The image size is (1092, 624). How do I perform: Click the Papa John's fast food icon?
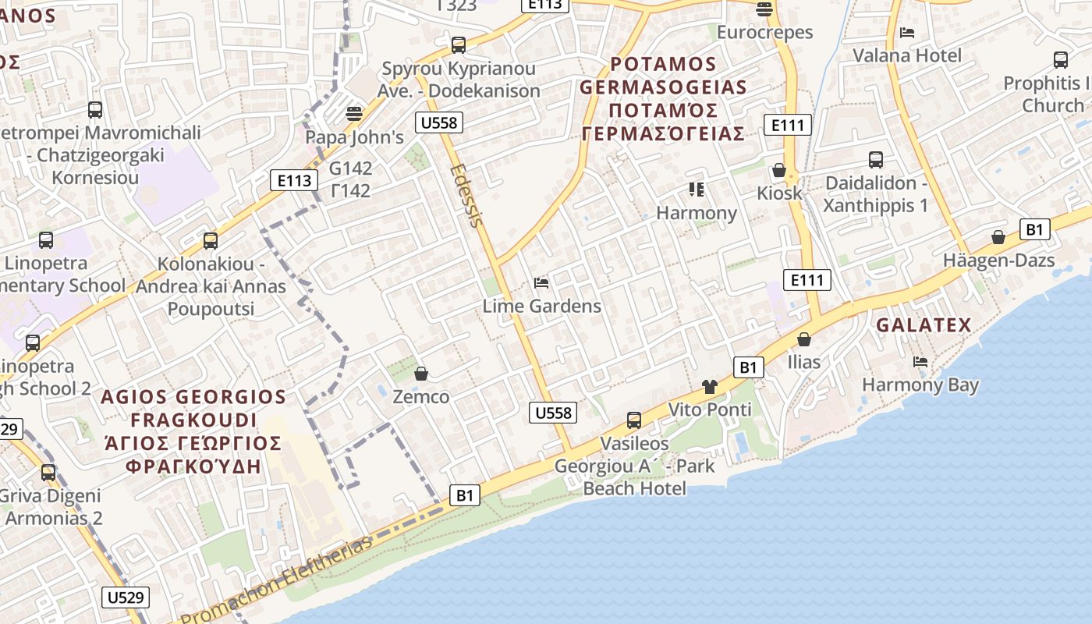pos(354,114)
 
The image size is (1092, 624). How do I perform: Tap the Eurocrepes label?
pos(764,33)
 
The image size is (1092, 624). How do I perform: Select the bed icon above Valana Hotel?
pos(907,33)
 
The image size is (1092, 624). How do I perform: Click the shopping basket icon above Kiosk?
pos(778,170)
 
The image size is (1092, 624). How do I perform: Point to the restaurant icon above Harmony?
pos(697,190)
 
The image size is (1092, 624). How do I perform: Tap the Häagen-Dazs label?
pos(998,261)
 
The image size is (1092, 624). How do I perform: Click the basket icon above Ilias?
pos(803,339)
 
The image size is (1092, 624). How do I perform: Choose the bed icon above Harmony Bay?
pos(920,362)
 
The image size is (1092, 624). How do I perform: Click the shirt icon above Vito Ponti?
pos(709,386)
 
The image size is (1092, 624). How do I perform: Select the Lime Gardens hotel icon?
pos(541,282)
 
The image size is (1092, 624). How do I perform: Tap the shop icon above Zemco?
pos(421,374)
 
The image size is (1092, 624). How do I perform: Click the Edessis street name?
pos(467,195)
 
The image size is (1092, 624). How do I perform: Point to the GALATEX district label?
pos(924,325)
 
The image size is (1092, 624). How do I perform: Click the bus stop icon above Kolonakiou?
pos(211,241)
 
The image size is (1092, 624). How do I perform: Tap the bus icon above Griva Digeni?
pos(48,472)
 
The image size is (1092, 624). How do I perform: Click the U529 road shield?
pos(126,597)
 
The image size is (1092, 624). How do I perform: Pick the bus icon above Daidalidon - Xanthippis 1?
pos(876,160)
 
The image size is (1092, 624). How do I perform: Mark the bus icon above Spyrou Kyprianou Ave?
pos(459,45)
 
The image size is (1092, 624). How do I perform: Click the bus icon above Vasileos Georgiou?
pos(634,420)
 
